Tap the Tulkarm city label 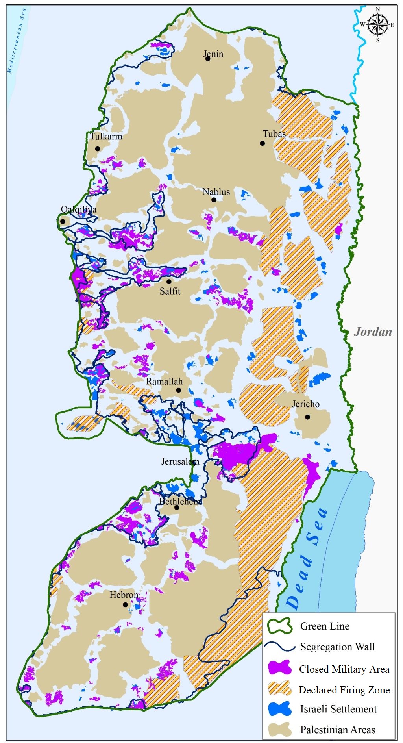(106, 137)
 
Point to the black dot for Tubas (263, 143)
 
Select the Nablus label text (216, 192)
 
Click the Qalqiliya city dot (63, 221)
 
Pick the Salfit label (170, 291)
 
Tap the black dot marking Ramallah (178, 390)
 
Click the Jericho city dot (307, 417)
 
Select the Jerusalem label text (180, 461)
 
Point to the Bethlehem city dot (177, 508)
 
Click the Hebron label (124, 595)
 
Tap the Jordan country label (373, 332)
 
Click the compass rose (377, 24)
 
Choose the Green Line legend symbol (279, 626)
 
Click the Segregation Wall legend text (337, 647)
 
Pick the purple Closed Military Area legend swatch (279, 668)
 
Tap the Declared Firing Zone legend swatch (279, 689)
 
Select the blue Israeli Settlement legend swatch (279, 709)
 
